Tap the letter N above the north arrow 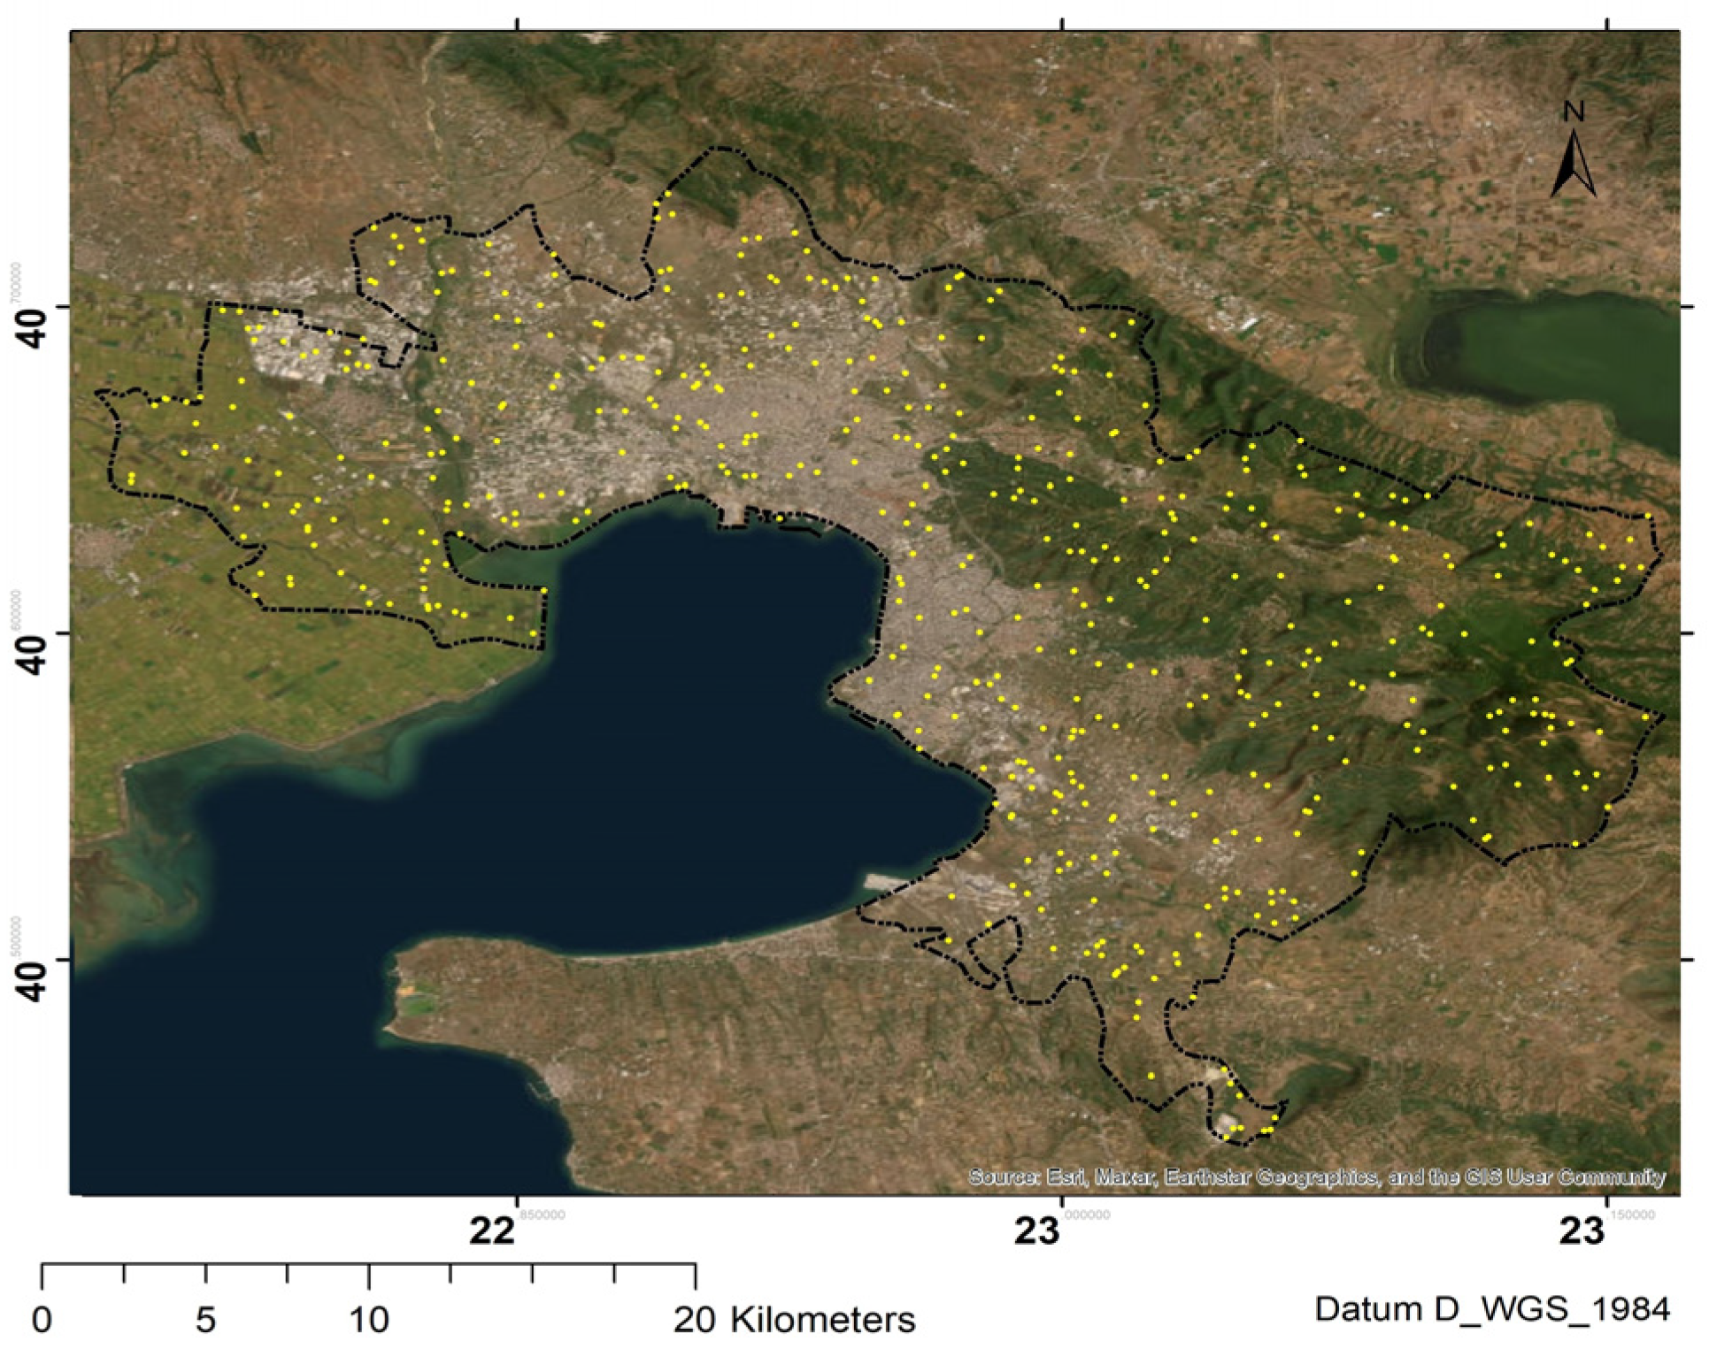click(1573, 112)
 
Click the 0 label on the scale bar click(42, 1320)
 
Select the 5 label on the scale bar click(205, 1320)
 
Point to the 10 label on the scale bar click(368, 1320)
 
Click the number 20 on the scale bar click(696, 1320)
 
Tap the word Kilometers click(823, 1320)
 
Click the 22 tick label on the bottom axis click(492, 1230)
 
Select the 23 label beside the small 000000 click(1037, 1230)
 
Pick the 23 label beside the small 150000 click(1582, 1230)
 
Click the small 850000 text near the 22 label click(543, 1215)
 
